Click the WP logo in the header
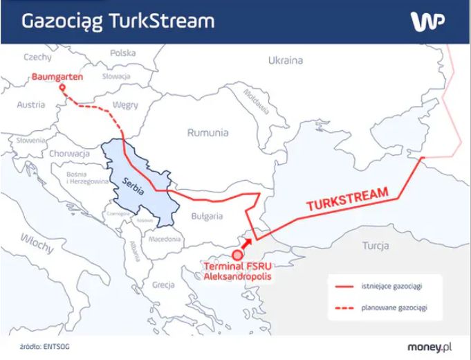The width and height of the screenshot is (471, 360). tap(428, 21)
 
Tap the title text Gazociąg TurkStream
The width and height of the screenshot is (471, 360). tap(118, 21)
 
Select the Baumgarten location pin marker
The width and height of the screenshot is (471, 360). tap(61, 88)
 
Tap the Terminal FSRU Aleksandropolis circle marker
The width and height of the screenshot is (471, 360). tap(237, 255)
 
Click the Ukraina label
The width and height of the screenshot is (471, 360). tap(286, 60)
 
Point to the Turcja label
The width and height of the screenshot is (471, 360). tap(375, 246)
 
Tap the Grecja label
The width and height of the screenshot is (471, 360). tap(163, 285)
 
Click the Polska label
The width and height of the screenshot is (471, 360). tap(122, 53)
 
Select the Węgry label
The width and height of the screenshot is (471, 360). tap(126, 105)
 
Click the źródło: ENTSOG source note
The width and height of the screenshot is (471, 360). tap(45, 345)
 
